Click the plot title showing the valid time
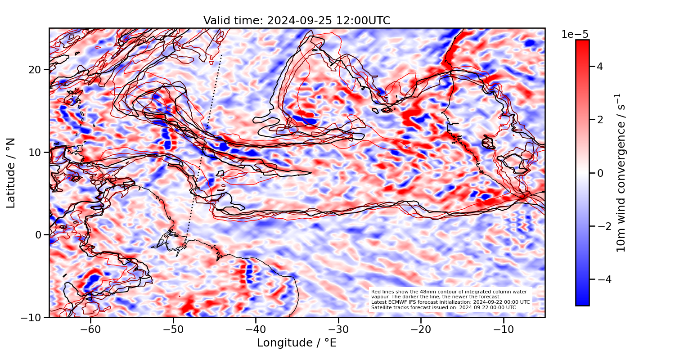pyautogui.click(x=297, y=21)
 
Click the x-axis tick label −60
pyautogui.click(x=90, y=329)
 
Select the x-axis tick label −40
pyautogui.click(x=256, y=329)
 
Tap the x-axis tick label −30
pyautogui.click(x=338, y=329)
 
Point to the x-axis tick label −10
pyautogui.click(x=504, y=329)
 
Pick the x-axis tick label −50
pyautogui.click(x=173, y=329)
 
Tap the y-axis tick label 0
pyautogui.click(x=39, y=235)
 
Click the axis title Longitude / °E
pyautogui.click(x=297, y=343)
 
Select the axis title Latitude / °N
pyautogui.click(x=11, y=173)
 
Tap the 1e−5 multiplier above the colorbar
pyautogui.click(x=575, y=35)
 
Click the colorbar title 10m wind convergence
pyautogui.click(x=621, y=173)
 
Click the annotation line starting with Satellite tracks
pyautogui.click(x=443, y=308)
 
